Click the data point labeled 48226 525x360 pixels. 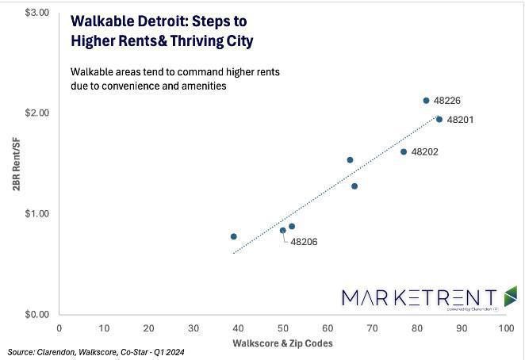(x=426, y=101)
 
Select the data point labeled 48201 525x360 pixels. (x=439, y=119)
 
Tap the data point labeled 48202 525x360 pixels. (x=404, y=151)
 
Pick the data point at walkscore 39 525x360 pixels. (x=233, y=236)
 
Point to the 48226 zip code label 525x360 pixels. (x=447, y=101)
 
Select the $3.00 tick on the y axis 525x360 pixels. (x=37, y=13)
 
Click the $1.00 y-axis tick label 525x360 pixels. (x=37, y=213)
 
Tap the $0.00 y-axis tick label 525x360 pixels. (x=37, y=314)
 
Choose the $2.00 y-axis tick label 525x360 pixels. (x=37, y=113)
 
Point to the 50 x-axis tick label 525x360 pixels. (x=282, y=327)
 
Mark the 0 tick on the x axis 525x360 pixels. (x=59, y=327)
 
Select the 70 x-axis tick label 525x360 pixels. (x=371, y=327)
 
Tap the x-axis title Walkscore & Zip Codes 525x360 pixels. (x=282, y=343)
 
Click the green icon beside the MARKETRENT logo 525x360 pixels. (x=510, y=296)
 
